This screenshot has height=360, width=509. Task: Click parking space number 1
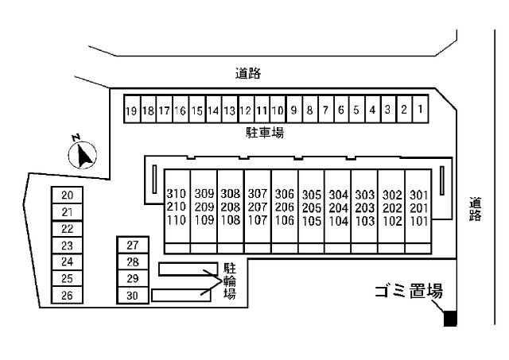tap(419, 109)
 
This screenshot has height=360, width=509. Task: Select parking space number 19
tap(132, 110)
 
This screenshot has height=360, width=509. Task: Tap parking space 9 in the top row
tap(293, 110)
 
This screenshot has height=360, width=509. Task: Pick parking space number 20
tap(68, 195)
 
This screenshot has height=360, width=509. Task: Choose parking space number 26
tap(68, 296)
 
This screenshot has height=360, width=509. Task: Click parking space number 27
tap(133, 246)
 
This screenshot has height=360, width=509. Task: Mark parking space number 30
tap(133, 296)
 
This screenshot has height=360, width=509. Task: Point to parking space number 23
tap(68, 246)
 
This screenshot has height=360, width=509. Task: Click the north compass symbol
tap(83, 153)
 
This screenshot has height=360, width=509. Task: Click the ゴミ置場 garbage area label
tap(408, 292)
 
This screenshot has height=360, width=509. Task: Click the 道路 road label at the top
tap(248, 74)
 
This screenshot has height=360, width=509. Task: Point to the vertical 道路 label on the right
tap(476, 209)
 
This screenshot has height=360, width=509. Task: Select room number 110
tap(177, 220)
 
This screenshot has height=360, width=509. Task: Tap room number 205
tap(312, 207)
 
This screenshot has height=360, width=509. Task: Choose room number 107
tap(257, 220)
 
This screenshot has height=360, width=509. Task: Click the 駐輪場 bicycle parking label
tap(229, 281)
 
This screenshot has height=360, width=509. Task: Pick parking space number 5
tap(356, 110)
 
